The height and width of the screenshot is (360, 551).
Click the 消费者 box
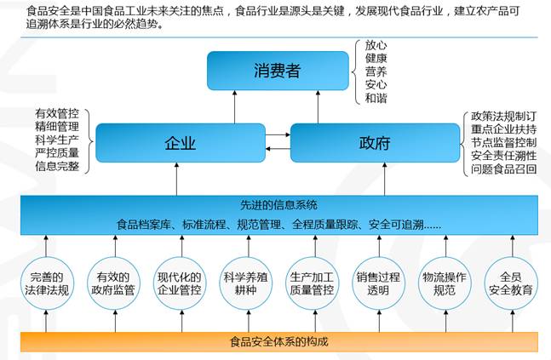point(278,71)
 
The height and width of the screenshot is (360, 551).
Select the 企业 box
point(181,143)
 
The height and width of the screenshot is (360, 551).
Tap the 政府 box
point(375,143)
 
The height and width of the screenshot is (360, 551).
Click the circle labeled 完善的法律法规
point(47,283)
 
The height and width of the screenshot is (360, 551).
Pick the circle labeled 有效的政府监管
point(113,283)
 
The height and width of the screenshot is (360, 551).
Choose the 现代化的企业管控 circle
point(180,283)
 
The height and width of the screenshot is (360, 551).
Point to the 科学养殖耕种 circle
point(246,283)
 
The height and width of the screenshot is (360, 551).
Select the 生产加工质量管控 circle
point(312,283)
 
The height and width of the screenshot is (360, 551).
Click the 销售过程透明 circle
point(378,283)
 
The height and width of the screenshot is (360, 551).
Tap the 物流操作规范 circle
point(445,283)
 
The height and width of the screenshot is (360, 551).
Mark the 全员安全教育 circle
point(511,283)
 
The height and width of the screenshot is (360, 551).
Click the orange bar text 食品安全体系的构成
point(279,341)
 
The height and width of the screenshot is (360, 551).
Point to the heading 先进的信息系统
point(279,205)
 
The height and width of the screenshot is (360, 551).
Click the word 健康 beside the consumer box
point(376,59)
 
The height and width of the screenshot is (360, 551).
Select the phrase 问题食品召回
point(504,169)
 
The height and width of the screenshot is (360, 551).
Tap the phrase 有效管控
point(57,113)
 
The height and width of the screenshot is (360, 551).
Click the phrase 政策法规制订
point(504,116)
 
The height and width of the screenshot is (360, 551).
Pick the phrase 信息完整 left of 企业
point(57,166)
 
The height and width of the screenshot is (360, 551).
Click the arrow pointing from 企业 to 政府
point(278,134)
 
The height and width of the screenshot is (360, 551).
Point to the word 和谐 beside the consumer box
point(376,98)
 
